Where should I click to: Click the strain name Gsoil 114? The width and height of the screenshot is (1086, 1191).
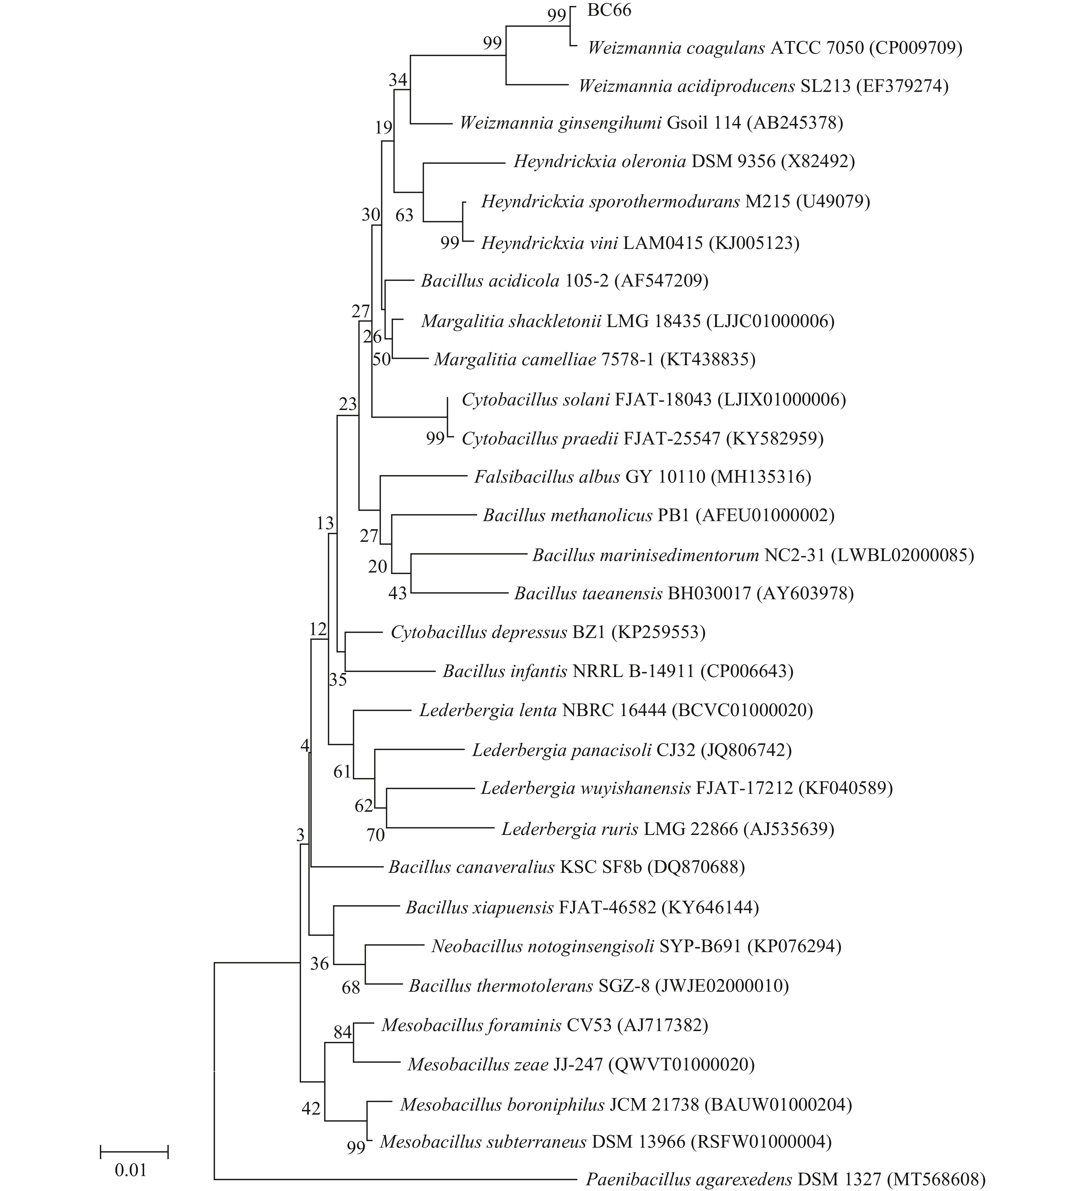[704, 123]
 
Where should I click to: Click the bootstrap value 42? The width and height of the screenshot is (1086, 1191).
[311, 1109]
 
